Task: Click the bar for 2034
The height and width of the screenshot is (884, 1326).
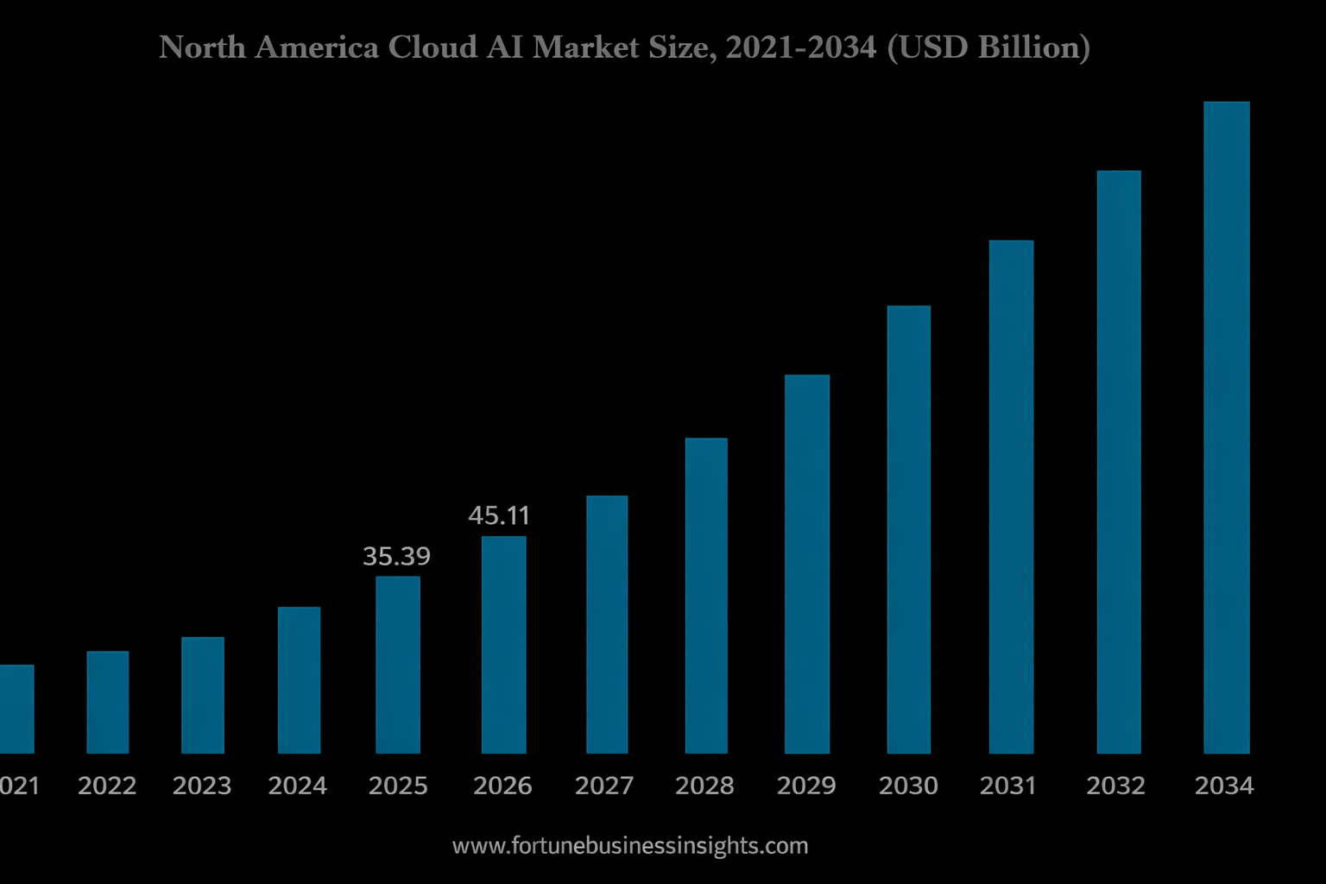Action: pos(1226,427)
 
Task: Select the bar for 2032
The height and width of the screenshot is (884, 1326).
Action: pos(1119,462)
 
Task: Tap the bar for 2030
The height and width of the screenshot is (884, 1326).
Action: pos(908,529)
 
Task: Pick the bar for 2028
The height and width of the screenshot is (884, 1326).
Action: pos(706,596)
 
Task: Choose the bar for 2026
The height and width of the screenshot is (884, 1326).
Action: pos(503,645)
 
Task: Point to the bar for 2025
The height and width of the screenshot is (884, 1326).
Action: pos(398,665)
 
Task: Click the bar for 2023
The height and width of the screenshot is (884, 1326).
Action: pos(203,695)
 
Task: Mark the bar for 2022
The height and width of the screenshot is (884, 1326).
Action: pos(108,702)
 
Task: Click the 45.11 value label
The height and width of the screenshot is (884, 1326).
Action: pos(499,515)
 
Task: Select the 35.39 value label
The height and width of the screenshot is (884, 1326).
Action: pos(396,556)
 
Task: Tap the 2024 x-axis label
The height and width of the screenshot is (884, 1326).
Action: pos(298,786)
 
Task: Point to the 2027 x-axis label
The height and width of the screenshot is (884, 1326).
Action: pos(604,786)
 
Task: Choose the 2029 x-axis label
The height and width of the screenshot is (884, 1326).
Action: pos(806,786)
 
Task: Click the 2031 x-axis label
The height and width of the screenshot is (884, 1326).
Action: pos(1007,786)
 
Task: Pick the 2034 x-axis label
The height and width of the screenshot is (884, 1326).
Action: pos(1224,786)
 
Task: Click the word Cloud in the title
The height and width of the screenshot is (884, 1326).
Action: pos(433,47)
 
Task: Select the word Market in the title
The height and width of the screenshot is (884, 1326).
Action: pos(575,47)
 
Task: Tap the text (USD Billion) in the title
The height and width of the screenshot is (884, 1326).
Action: pos(988,47)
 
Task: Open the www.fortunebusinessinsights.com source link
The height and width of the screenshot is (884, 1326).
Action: pos(630,846)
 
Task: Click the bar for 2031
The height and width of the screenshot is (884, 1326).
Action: pos(1011,496)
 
